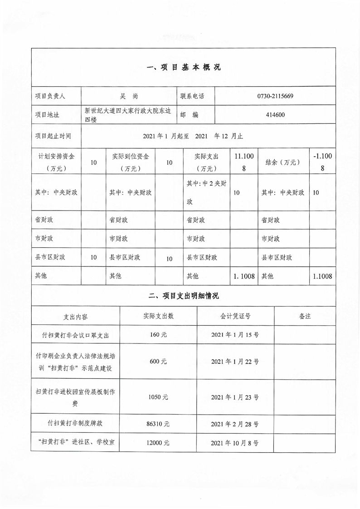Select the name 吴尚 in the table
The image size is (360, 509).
tap(129, 96)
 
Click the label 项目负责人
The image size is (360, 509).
tap(50, 96)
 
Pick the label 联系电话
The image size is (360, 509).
tap(192, 96)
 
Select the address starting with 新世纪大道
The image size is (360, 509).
tap(129, 115)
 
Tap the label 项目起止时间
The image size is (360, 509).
tap(53, 136)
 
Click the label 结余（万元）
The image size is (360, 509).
tap(283, 162)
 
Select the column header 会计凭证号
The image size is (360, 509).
tap(235, 316)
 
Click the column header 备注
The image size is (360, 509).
tap(305, 316)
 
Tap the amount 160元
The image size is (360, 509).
tap(158, 336)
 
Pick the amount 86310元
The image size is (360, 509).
tap(158, 424)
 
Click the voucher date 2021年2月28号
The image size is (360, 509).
tap(235, 424)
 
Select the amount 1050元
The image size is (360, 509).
tap(158, 396)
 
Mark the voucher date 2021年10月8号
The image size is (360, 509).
tap(235, 443)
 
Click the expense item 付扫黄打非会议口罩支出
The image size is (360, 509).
tap(75, 336)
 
